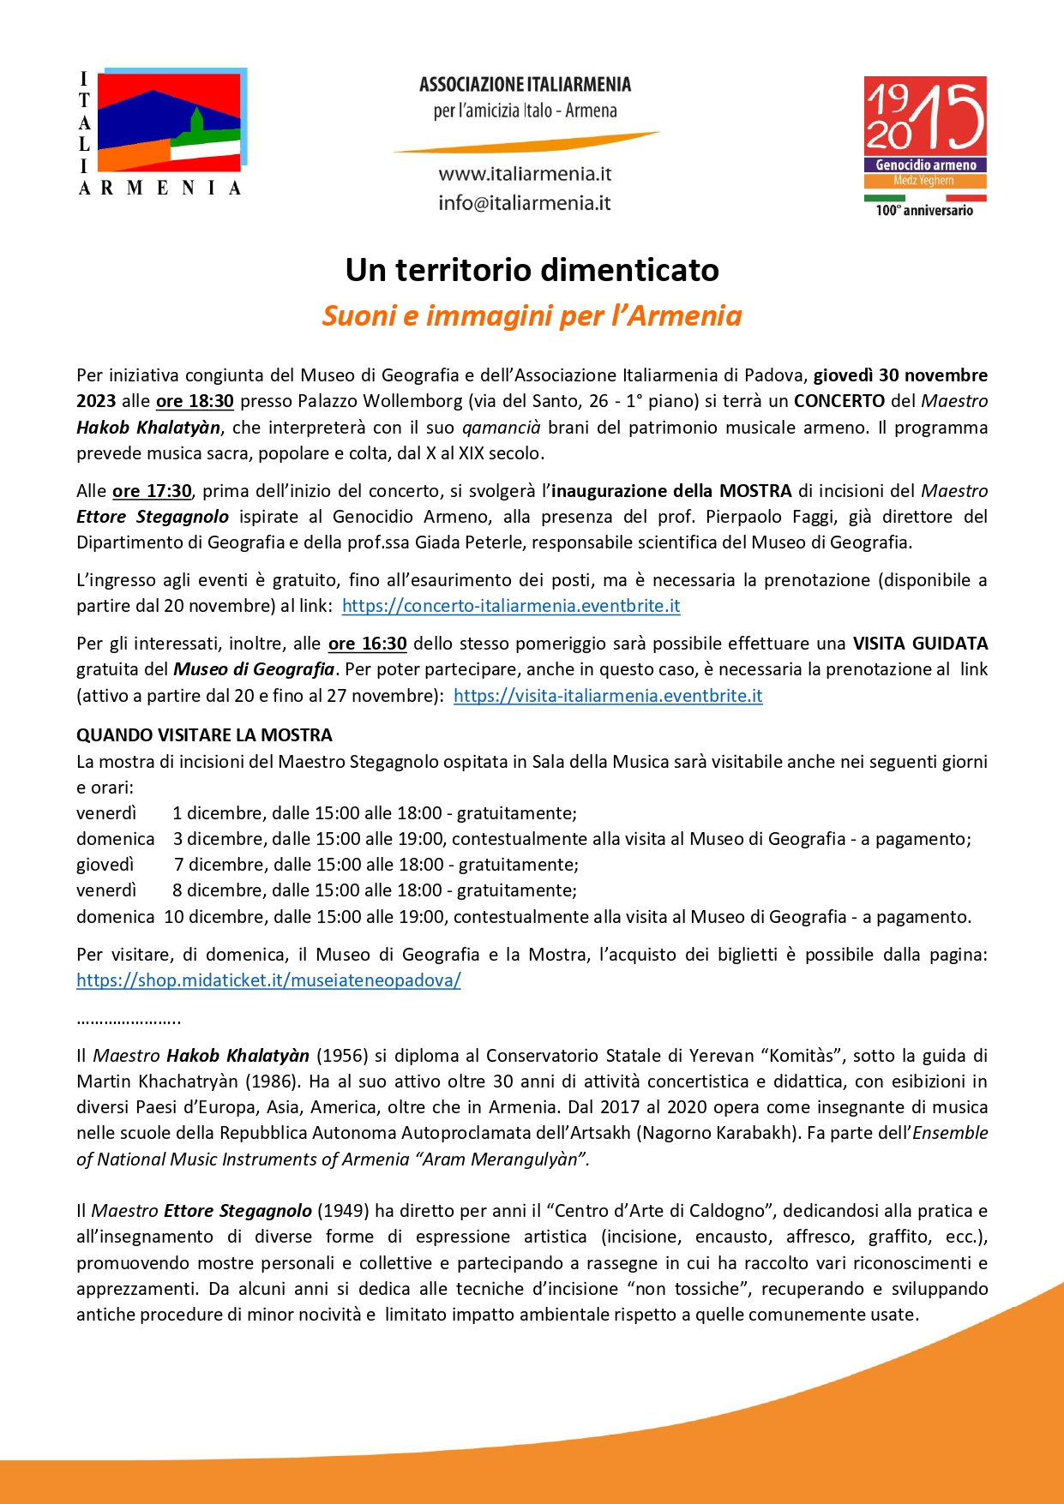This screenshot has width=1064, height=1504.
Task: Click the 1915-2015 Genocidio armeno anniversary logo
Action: pyautogui.click(x=924, y=146)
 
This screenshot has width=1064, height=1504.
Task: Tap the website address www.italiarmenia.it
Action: pyautogui.click(x=525, y=174)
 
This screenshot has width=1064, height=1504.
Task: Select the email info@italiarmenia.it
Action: pyautogui.click(x=525, y=203)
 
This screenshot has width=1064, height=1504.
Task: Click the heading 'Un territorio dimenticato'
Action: pyautogui.click(x=532, y=270)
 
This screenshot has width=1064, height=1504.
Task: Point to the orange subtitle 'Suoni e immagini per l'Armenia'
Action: pyautogui.click(x=532, y=315)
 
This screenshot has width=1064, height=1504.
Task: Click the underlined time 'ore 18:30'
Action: pyautogui.click(x=195, y=401)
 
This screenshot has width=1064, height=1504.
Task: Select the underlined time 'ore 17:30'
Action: pyautogui.click(x=152, y=491)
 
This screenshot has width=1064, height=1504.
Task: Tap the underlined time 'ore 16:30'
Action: pyautogui.click(x=367, y=644)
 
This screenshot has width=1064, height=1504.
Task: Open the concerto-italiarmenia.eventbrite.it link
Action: pyautogui.click(x=511, y=606)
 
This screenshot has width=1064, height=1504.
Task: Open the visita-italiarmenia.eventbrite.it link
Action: pyautogui.click(x=608, y=696)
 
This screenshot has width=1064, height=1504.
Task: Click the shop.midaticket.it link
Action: pyautogui.click(x=268, y=980)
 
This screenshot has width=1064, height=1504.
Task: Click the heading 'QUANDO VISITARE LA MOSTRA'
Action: pyautogui.click(x=204, y=735)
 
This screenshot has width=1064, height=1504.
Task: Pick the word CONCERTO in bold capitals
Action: pyautogui.click(x=839, y=401)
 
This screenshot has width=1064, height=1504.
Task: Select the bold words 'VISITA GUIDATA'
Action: pyautogui.click(x=919, y=644)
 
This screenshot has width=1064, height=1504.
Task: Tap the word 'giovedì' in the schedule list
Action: pyautogui.click(x=105, y=865)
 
